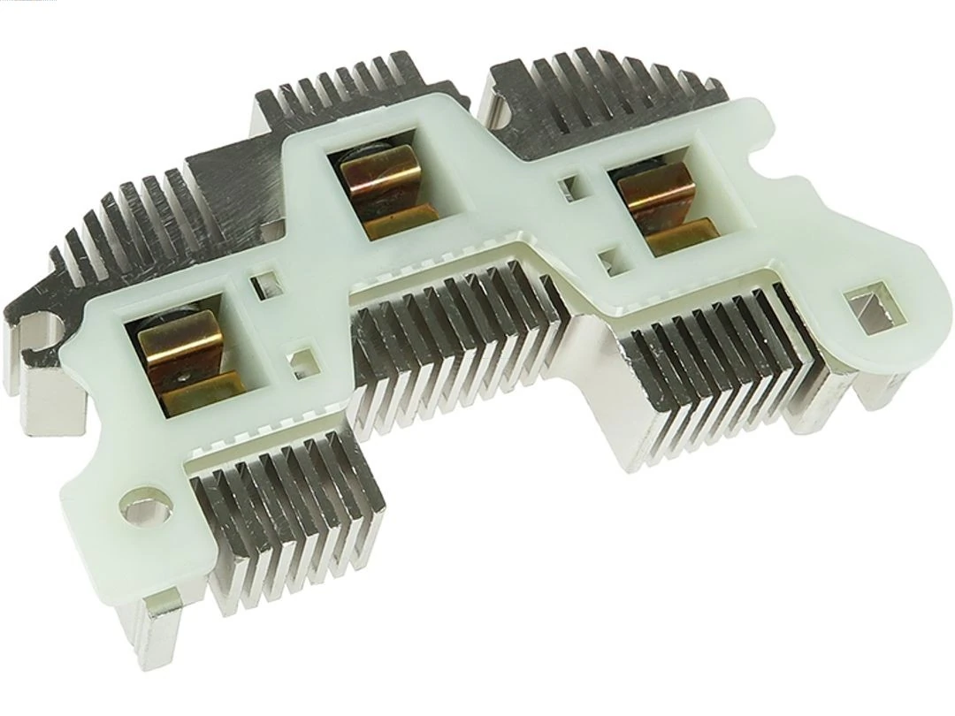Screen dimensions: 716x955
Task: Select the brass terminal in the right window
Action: (x=655, y=199)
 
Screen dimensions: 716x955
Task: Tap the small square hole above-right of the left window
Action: (x=262, y=285)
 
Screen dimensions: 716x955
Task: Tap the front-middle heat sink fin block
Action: (x=460, y=354)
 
